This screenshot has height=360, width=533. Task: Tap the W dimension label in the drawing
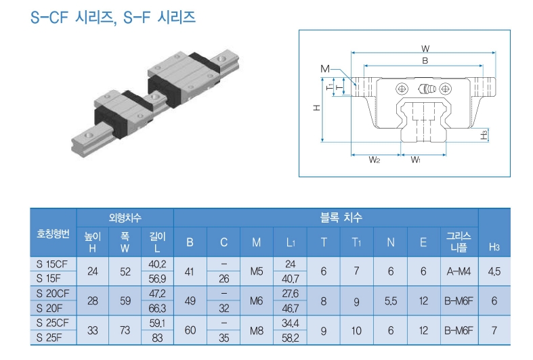click(x=425, y=48)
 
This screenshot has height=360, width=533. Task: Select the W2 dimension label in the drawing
click(x=374, y=160)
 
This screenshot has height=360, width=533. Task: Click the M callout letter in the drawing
click(x=325, y=69)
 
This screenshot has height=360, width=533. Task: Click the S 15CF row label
click(x=52, y=264)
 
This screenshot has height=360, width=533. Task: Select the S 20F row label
click(x=52, y=307)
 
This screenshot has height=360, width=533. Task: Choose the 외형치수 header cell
click(x=125, y=218)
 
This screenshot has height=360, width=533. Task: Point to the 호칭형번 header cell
click(x=52, y=233)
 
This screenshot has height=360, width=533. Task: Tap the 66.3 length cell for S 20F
click(x=157, y=307)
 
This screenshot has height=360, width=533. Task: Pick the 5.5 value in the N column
click(x=391, y=300)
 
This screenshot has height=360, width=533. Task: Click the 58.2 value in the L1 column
click(x=289, y=337)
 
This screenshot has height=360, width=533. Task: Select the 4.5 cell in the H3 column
click(x=494, y=271)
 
